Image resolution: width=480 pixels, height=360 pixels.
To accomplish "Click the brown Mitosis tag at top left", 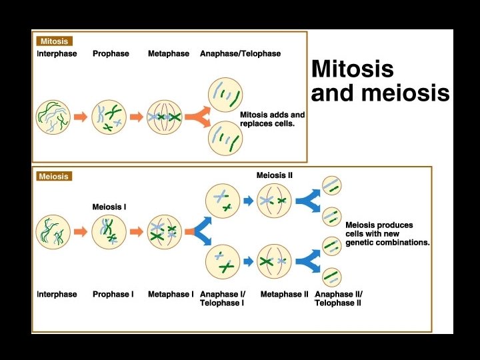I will click(54, 41).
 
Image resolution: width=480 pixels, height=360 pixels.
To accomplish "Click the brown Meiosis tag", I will click(53, 177).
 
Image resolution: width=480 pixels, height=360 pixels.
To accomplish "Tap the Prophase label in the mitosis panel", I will click(111, 53).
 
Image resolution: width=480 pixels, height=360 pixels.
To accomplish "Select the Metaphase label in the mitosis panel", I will click(169, 53).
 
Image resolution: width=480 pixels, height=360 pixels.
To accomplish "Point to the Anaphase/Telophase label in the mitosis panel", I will click(240, 53).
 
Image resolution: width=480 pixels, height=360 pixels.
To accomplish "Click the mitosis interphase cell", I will click(53, 117).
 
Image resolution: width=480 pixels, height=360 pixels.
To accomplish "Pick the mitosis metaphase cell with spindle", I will click(165, 117).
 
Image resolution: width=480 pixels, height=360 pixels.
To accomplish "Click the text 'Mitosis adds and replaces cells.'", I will click(272, 119).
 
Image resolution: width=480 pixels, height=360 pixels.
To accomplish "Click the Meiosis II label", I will click(275, 175).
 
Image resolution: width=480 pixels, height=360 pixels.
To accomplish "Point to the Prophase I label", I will click(113, 294).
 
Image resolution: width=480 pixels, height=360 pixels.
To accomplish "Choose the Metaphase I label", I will click(171, 294).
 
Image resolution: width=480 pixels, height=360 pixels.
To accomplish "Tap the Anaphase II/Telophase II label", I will click(339, 298).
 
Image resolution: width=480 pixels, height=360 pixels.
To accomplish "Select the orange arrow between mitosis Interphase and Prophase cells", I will click(81, 117).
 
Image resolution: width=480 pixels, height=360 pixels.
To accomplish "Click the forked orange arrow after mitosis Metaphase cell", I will click(198, 117).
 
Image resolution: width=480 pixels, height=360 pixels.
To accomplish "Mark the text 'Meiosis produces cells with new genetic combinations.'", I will click(387, 234).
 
